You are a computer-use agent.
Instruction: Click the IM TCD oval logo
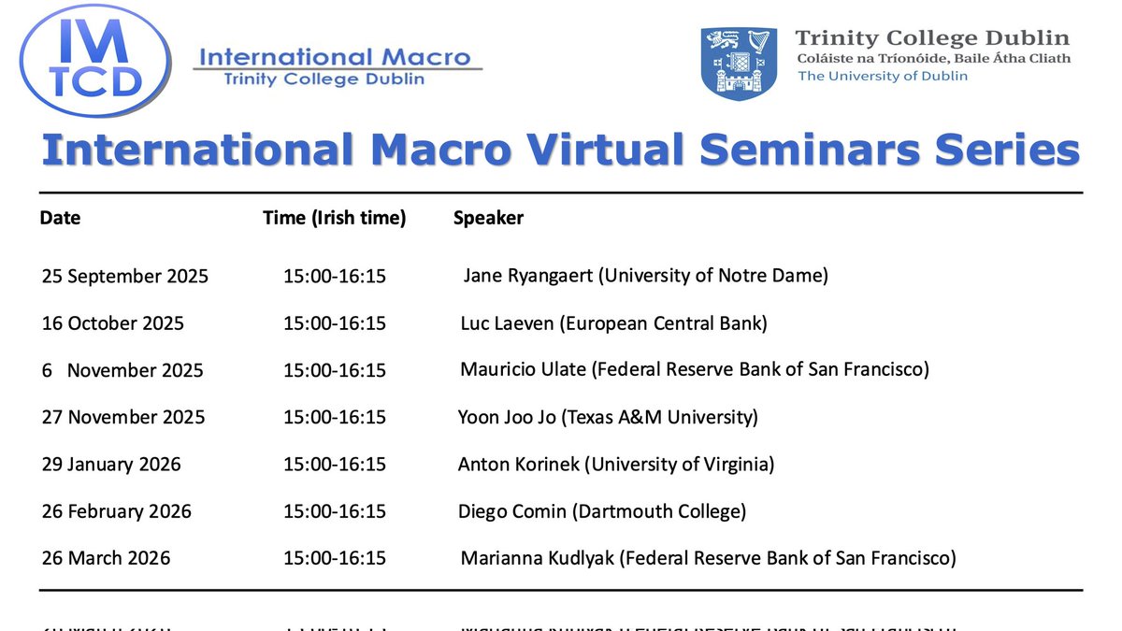pos(97,61)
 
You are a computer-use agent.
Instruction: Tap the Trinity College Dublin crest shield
pos(739,64)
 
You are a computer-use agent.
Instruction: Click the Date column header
pos(60,218)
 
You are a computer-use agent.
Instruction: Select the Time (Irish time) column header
pos(334,218)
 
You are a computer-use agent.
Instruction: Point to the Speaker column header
pos(488,218)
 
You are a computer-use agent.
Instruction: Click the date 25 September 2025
pos(125,277)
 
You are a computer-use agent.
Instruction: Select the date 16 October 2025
pos(113,323)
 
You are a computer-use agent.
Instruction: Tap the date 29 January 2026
pos(111,465)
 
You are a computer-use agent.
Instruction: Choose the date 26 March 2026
pos(106,558)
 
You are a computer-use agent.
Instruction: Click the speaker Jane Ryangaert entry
pos(645,276)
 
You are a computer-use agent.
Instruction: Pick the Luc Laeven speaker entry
pos(613,323)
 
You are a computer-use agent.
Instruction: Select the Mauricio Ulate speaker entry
pos(694,369)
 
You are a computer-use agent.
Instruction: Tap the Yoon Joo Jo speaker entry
pos(607,417)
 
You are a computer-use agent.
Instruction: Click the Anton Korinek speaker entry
pos(615,464)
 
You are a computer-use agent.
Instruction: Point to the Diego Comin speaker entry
pos(601,511)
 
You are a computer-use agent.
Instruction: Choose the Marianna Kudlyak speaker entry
pos(708,558)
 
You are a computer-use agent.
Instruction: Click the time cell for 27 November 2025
pos(335,417)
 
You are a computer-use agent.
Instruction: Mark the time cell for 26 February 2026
pos(335,511)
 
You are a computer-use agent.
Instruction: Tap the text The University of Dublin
pos(882,76)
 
